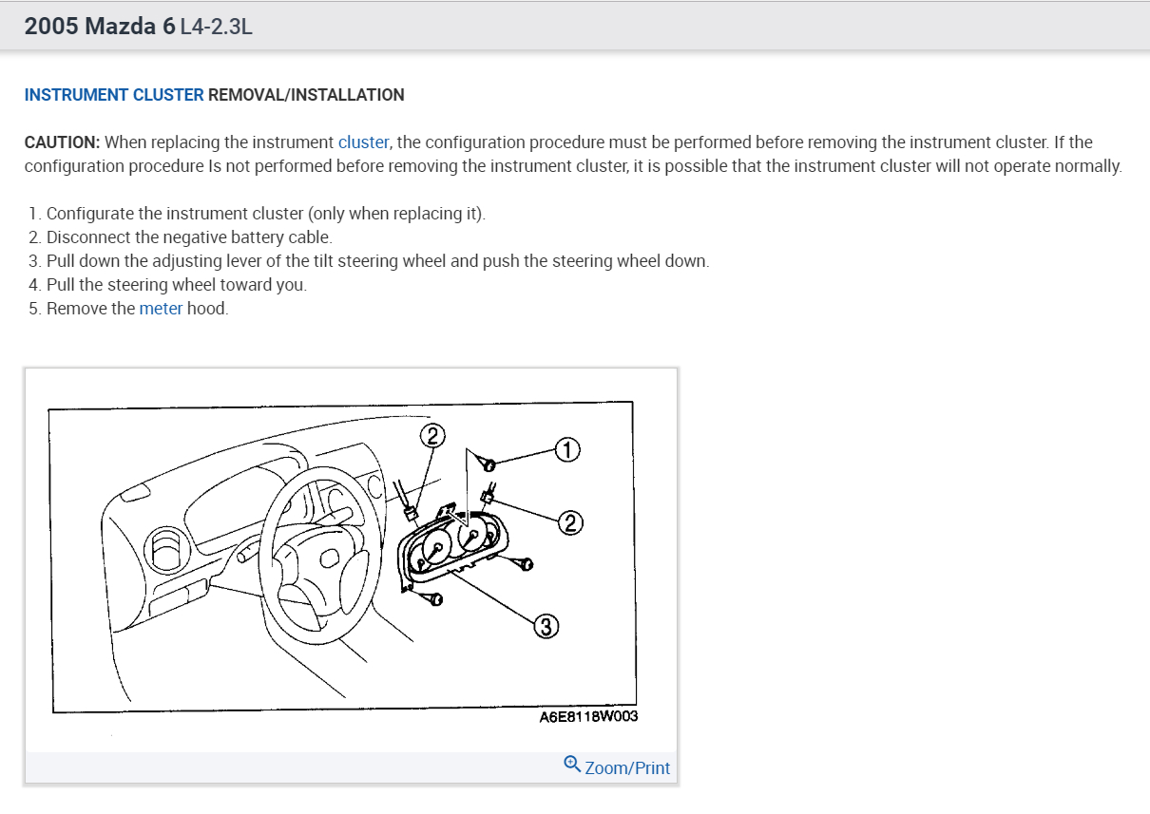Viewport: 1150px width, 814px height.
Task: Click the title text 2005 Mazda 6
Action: tap(100, 27)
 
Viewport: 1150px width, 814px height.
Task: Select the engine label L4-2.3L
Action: tap(217, 27)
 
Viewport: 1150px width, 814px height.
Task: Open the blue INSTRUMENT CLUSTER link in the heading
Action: tap(114, 95)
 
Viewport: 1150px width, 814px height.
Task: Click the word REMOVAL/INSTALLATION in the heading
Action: tap(306, 95)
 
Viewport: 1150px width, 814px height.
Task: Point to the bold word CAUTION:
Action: tap(62, 142)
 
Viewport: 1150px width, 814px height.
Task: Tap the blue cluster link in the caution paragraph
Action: tap(363, 142)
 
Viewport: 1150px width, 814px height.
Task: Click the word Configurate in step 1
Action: tap(89, 213)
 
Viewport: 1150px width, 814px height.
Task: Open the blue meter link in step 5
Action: tap(161, 308)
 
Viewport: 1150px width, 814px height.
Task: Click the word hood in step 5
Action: tap(207, 308)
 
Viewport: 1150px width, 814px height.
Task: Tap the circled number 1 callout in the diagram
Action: tap(567, 449)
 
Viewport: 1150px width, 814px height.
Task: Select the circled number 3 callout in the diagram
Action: tap(546, 626)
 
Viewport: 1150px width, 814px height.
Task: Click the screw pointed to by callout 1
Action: tap(489, 464)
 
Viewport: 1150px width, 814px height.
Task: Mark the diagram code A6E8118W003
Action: tap(588, 717)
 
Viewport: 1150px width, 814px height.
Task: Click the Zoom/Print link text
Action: tap(627, 767)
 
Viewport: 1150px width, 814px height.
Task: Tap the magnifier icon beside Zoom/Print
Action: tap(572, 764)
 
